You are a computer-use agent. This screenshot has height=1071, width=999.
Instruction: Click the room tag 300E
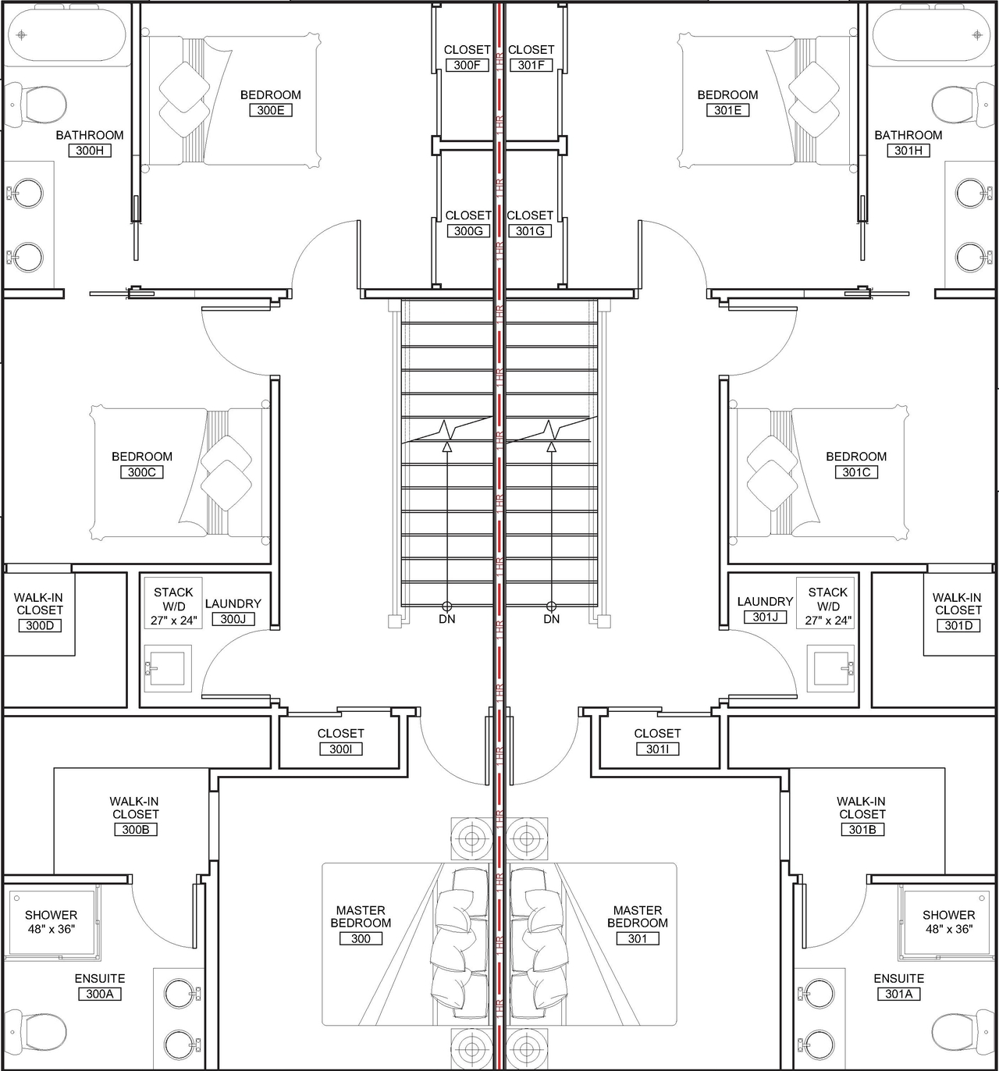(270, 110)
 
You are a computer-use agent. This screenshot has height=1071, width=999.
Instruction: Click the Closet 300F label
(467, 50)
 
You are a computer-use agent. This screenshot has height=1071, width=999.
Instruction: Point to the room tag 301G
(530, 231)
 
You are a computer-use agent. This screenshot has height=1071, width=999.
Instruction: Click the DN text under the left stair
(446, 619)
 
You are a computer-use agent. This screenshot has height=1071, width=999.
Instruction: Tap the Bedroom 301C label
(856, 457)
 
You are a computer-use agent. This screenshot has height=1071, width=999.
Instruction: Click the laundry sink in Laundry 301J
(834, 668)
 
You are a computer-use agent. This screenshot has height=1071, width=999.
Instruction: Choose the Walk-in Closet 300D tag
(39, 625)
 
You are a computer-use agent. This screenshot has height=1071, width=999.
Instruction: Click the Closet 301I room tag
(657, 749)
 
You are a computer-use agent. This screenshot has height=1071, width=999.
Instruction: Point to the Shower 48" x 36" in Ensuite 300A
(51, 921)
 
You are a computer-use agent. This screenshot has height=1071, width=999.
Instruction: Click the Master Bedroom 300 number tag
(361, 938)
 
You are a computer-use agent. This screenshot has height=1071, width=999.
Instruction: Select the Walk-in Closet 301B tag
(862, 829)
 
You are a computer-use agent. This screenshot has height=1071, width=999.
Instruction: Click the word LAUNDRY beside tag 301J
(765, 601)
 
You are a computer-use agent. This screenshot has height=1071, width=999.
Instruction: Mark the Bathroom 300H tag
(90, 151)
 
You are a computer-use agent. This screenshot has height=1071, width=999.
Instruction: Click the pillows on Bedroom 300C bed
(226, 473)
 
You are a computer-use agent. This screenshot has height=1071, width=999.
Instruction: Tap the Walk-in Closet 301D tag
(958, 625)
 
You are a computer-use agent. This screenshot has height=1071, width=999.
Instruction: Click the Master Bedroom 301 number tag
(638, 938)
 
